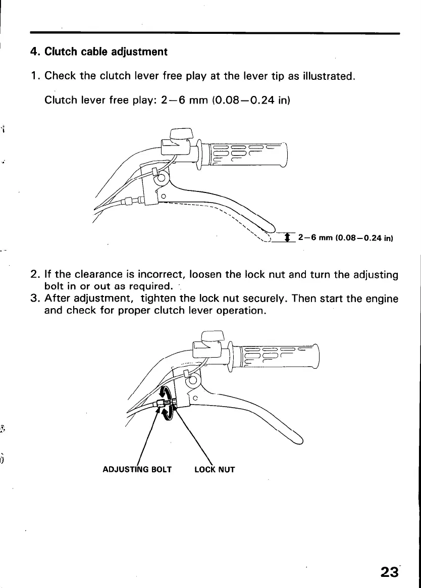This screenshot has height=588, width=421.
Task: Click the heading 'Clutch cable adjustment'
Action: tap(106, 52)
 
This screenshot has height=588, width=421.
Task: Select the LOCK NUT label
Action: tap(215, 470)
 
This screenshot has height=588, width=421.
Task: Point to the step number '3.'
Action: tap(35, 299)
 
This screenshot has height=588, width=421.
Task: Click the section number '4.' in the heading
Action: tap(35, 52)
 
